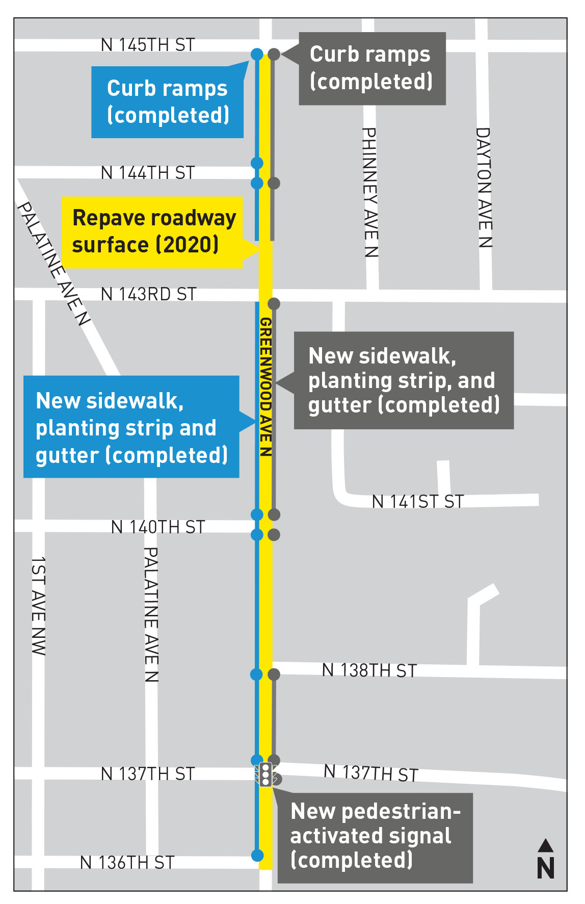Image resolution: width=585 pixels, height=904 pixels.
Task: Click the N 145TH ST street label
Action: (x=148, y=45)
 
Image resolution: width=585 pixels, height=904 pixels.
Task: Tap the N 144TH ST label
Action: (x=148, y=173)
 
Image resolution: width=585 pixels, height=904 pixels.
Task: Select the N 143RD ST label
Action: (x=148, y=294)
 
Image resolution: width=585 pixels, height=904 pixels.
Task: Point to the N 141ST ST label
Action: (x=418, y=502)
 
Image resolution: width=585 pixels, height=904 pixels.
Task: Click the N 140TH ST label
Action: (x=158, y=527)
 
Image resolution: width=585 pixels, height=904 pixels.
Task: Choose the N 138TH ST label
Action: (x=369, y=670)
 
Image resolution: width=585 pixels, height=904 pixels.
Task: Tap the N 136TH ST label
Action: (x=127, y=863)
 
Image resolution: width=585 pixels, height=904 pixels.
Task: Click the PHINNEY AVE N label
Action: (x=370, y=192)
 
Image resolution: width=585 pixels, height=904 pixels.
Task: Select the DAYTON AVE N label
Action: (x=484, y=188)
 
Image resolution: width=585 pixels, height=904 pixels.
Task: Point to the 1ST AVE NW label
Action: (x=38, y=606)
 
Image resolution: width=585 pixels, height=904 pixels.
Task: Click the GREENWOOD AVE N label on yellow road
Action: (x=265, y=386)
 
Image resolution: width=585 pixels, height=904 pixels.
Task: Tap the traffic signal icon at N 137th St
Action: (x=265, y=774)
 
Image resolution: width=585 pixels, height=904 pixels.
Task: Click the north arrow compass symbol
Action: (x=545, y=860)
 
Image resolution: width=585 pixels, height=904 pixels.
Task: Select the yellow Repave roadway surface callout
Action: (x=152, y=232)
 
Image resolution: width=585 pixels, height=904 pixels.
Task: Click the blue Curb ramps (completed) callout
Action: (x=167, y=102)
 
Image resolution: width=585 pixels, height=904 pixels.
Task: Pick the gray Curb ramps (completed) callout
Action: (x=372, y=68)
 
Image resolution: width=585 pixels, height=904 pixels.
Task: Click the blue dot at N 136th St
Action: (x=257, y=855)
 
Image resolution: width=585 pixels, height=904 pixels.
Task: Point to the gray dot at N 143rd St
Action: (x=274, y=304)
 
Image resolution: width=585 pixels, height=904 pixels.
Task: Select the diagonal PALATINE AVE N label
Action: (x=54, y=263)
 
